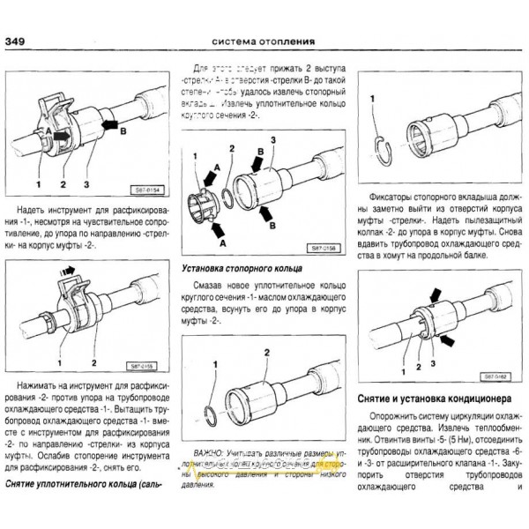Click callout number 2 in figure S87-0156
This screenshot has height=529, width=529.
pyautogui.click(x=231, y=149)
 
